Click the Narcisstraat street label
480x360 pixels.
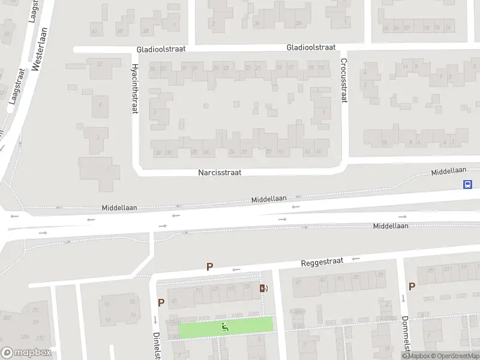pyautogui.click(x=220, y=172)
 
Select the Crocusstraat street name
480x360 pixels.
pyautogui.click(x=344, y=81)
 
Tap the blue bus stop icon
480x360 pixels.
pyautogui.click(x=467, y=184)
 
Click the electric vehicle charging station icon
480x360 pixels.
pyautogui.click(x=263, y=289)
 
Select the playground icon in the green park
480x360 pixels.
pyautogui.click(x=225, y=327)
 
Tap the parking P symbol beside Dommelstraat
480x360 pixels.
pyautogui.click(x=412, y=287)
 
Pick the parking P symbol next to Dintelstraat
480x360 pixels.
pyautogui.click(x=161, y=303)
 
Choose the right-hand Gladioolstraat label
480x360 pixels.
pyautogui.click(x=311, y=47)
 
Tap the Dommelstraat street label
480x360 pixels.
pyautogui.click(x=406, y=336)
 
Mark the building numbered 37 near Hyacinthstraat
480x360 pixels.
pyautogui.click(x=100, y=64)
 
